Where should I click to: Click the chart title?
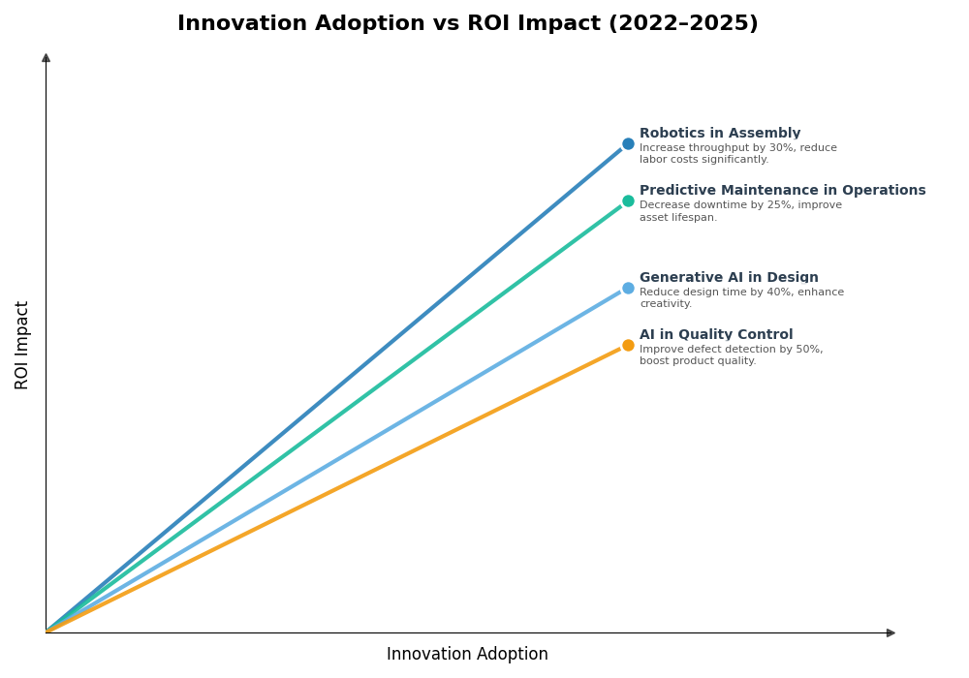(467, 24)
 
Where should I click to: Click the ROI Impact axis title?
(22, 345)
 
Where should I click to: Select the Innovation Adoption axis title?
(467, 655)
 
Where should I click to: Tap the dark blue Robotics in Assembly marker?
(628, 144)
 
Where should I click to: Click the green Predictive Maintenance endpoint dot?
(628, 201)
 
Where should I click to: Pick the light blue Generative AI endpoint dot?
(628, 288)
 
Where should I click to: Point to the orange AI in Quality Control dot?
(628, 345)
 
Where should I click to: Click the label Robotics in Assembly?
(719, 134)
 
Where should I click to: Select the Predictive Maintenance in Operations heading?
(782, 191)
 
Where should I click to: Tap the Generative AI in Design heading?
(729, 278)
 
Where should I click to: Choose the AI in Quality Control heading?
(715, 335)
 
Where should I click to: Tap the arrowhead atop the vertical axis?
(46, 58)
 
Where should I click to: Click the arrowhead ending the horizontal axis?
(891, 632)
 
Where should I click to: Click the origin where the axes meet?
(47, 632)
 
